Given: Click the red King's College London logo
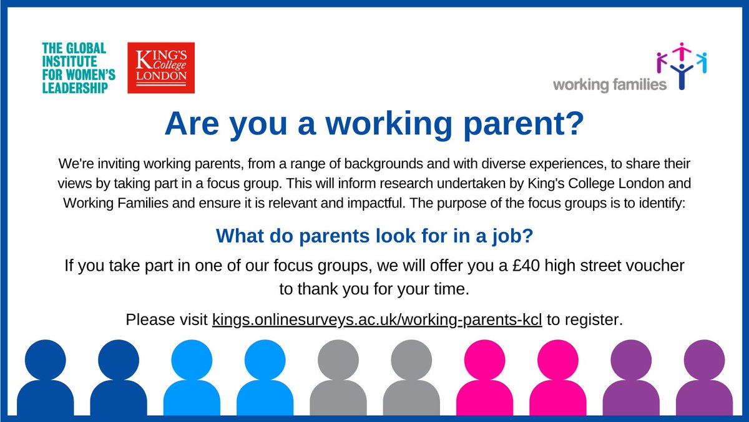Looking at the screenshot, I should click(160, 68).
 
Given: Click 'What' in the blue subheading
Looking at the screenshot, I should click(241, 236).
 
